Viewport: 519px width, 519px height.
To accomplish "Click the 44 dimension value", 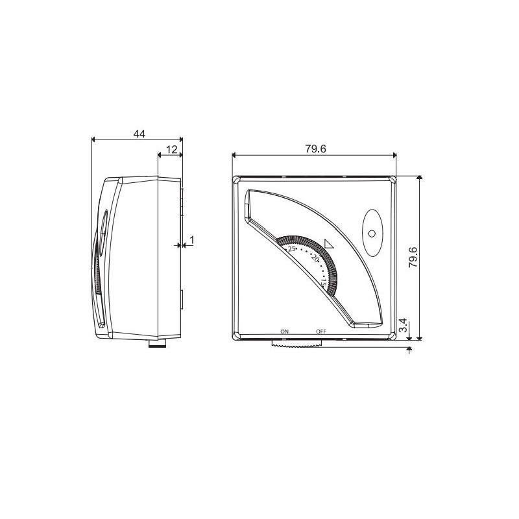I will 139,133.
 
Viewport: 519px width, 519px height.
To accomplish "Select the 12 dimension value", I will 171,149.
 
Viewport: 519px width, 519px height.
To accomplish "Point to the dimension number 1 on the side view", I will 191,241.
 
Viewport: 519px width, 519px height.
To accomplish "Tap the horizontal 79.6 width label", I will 315,149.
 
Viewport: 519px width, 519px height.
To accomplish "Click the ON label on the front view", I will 284,332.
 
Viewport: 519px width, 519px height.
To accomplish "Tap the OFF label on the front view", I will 320,332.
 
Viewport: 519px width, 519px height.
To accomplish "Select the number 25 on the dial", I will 291,248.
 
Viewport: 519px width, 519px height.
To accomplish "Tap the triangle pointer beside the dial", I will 328,243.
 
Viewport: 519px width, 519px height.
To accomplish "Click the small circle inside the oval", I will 371,234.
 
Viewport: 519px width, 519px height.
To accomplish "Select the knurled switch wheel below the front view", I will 296,344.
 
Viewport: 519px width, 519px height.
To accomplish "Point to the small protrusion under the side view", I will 156,343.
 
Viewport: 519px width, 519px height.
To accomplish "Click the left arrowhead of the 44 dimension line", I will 95,138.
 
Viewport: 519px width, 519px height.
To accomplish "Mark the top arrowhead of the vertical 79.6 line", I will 420,178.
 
